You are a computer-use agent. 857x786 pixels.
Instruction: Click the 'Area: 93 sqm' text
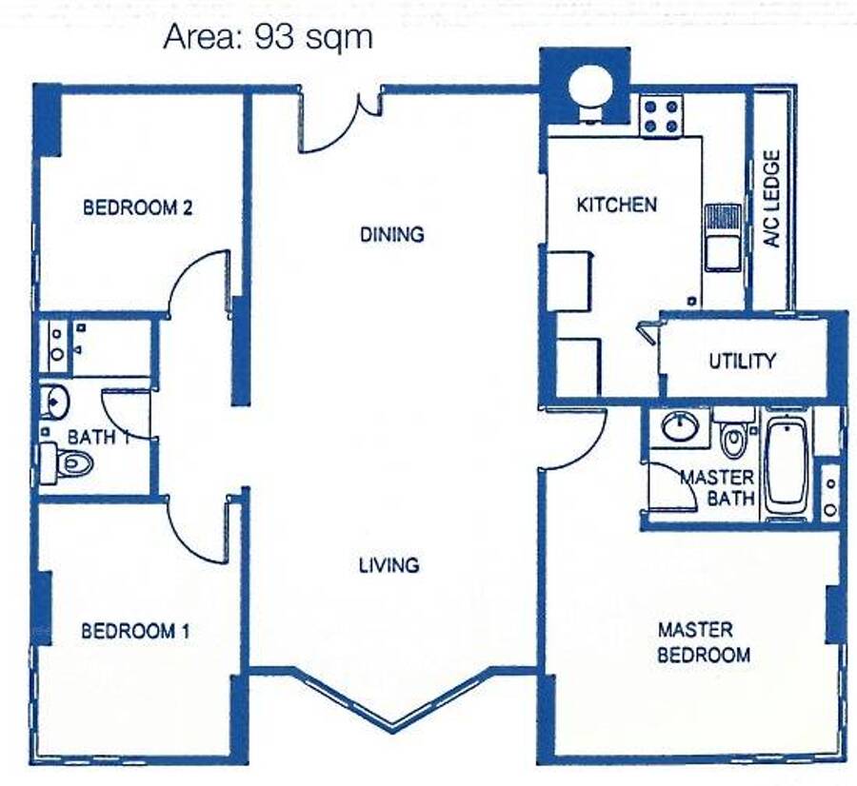(268, 38)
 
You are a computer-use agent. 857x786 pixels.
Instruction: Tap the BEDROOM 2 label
(138, 207)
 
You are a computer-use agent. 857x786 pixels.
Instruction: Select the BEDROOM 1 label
(135, 632)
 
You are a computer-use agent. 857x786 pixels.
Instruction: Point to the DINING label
(392, 234)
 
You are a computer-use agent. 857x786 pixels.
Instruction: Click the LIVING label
(389, 565)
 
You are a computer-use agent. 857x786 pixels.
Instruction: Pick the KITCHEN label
(616, 205)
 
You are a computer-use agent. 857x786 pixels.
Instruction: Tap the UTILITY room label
(742, 361)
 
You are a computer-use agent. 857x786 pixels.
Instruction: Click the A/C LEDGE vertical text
(771, 199)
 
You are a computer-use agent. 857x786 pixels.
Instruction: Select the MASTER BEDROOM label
(704, 642)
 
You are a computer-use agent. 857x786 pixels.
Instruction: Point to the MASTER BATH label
(717, 488)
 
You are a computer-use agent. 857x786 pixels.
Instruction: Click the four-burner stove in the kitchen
(662, 116)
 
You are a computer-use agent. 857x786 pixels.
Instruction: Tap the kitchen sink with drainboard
(723, 238)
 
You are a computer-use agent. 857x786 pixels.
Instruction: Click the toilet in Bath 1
(67, 463)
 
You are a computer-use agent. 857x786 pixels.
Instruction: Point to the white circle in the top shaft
(590, 86)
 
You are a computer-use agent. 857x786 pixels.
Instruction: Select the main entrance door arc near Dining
(334, 138)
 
